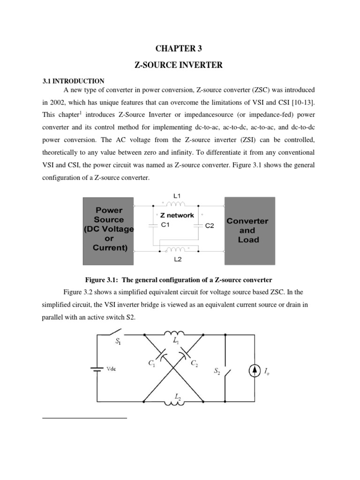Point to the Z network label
(x=177, y=215)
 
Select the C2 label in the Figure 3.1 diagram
(x=210, y=225)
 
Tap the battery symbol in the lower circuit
(x=97, y=369)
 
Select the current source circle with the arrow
(x=254, y=371)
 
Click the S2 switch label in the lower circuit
(x=217, y=371)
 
